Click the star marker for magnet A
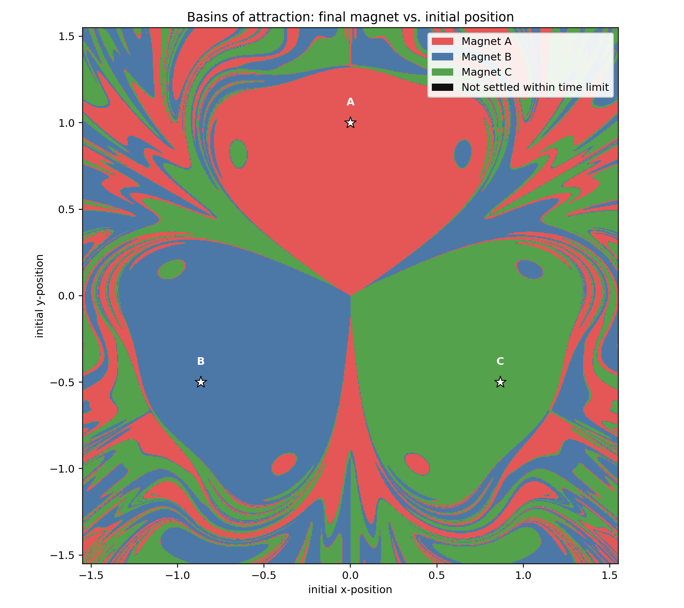(x=350, y=123)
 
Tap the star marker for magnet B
(x=201, y=382)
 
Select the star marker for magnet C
(x=500, y=382)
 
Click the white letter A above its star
(x=350, y=102)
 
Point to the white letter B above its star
(x=201, y=361)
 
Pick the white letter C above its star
(x=500, y=361)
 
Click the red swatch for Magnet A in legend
(x=443, y=41)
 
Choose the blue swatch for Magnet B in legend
(x=443, y=57)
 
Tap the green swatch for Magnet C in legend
(x=443, y=72)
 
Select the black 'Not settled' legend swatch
(x=443, y=87)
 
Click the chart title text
(x=350, y=17)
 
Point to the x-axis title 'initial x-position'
(x=350, y=589)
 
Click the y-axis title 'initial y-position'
(x=39, y=296)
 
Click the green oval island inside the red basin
(x=238, y=154)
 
